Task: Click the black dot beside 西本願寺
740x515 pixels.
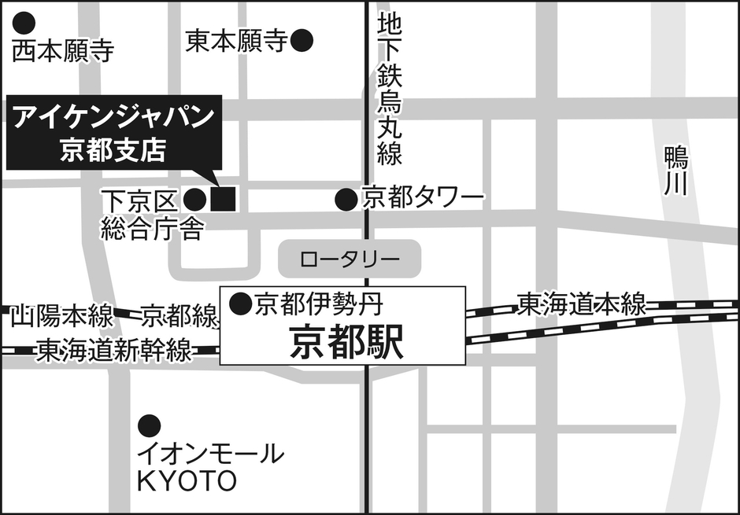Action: [26, 23]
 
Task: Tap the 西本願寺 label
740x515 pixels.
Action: [64, 52]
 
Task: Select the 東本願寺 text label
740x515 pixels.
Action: [235, 42]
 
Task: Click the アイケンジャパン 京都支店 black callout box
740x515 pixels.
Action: [114, 133]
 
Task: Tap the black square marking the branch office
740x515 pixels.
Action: [224, 199]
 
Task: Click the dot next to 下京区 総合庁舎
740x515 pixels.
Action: [195, 200]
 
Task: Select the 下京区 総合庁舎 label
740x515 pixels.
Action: [153, 215]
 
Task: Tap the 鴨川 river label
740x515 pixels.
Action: [675, 171]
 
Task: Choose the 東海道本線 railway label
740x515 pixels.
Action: [581, 303]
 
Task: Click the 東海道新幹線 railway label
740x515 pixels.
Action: [114, 350]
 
